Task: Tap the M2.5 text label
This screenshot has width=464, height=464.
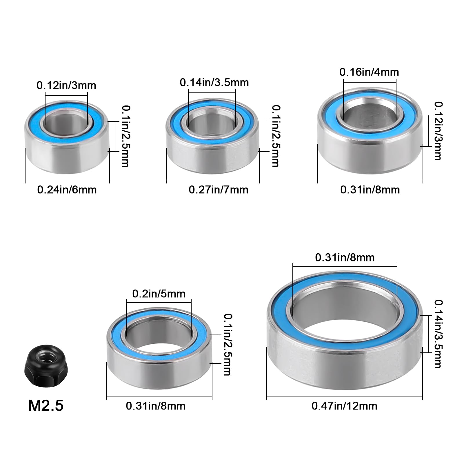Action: tap(46, 405)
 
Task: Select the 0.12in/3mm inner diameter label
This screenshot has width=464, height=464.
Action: tap(66, 85)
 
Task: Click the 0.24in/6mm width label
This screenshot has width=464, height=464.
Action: tap(67, 190)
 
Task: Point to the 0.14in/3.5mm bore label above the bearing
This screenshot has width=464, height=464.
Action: tap(214, 83)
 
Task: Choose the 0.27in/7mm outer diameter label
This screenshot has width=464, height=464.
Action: tap(219, 190)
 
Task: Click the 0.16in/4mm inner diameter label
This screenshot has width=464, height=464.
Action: tap(369, 72)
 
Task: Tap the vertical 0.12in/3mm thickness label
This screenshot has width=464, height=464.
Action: tap(438, 131)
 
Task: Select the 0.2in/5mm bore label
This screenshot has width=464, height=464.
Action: tap(159, 294)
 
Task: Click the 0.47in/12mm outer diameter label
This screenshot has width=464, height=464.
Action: tap(344, 406)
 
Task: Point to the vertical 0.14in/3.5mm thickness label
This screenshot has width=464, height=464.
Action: tap(438, 334)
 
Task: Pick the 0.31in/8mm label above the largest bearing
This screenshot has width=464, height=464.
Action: tap(345, 257)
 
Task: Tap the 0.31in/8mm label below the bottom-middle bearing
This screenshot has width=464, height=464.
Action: tap(156, 406)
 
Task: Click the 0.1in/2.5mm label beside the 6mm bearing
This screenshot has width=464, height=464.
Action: tap(125, 136)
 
